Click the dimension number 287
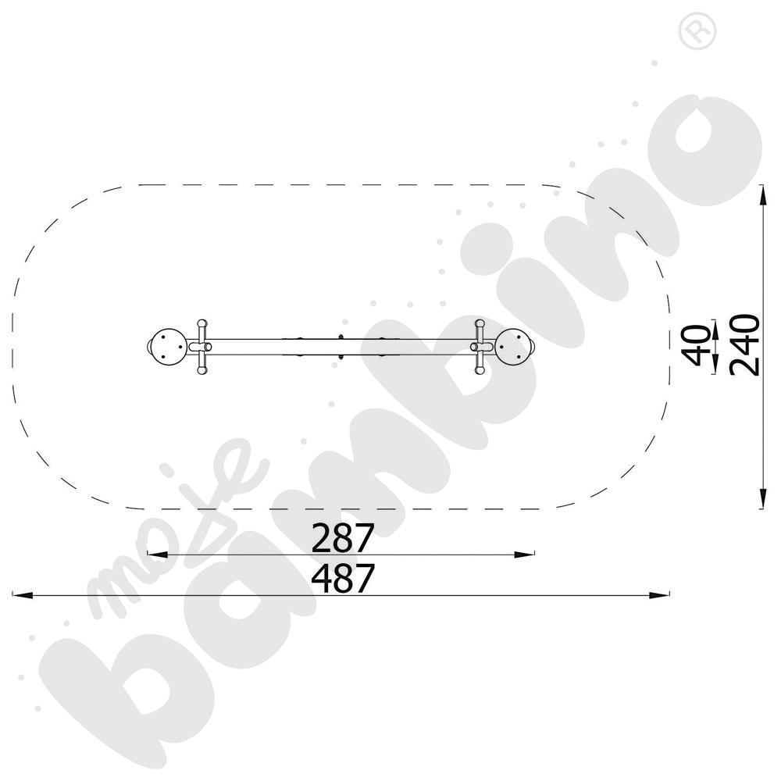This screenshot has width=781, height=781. click(343, 537)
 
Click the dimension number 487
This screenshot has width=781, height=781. click(343, 578)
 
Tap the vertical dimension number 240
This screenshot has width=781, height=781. click(744, 344)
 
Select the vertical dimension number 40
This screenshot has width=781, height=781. click(697, 345)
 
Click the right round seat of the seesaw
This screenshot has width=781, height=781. click(513, 347)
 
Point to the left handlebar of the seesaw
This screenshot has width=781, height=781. click(201, 347)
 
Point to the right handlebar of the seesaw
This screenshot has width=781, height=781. click(480, 347)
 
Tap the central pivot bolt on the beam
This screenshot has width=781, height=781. click(341, 348)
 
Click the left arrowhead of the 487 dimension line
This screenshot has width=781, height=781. click(23, 594)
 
